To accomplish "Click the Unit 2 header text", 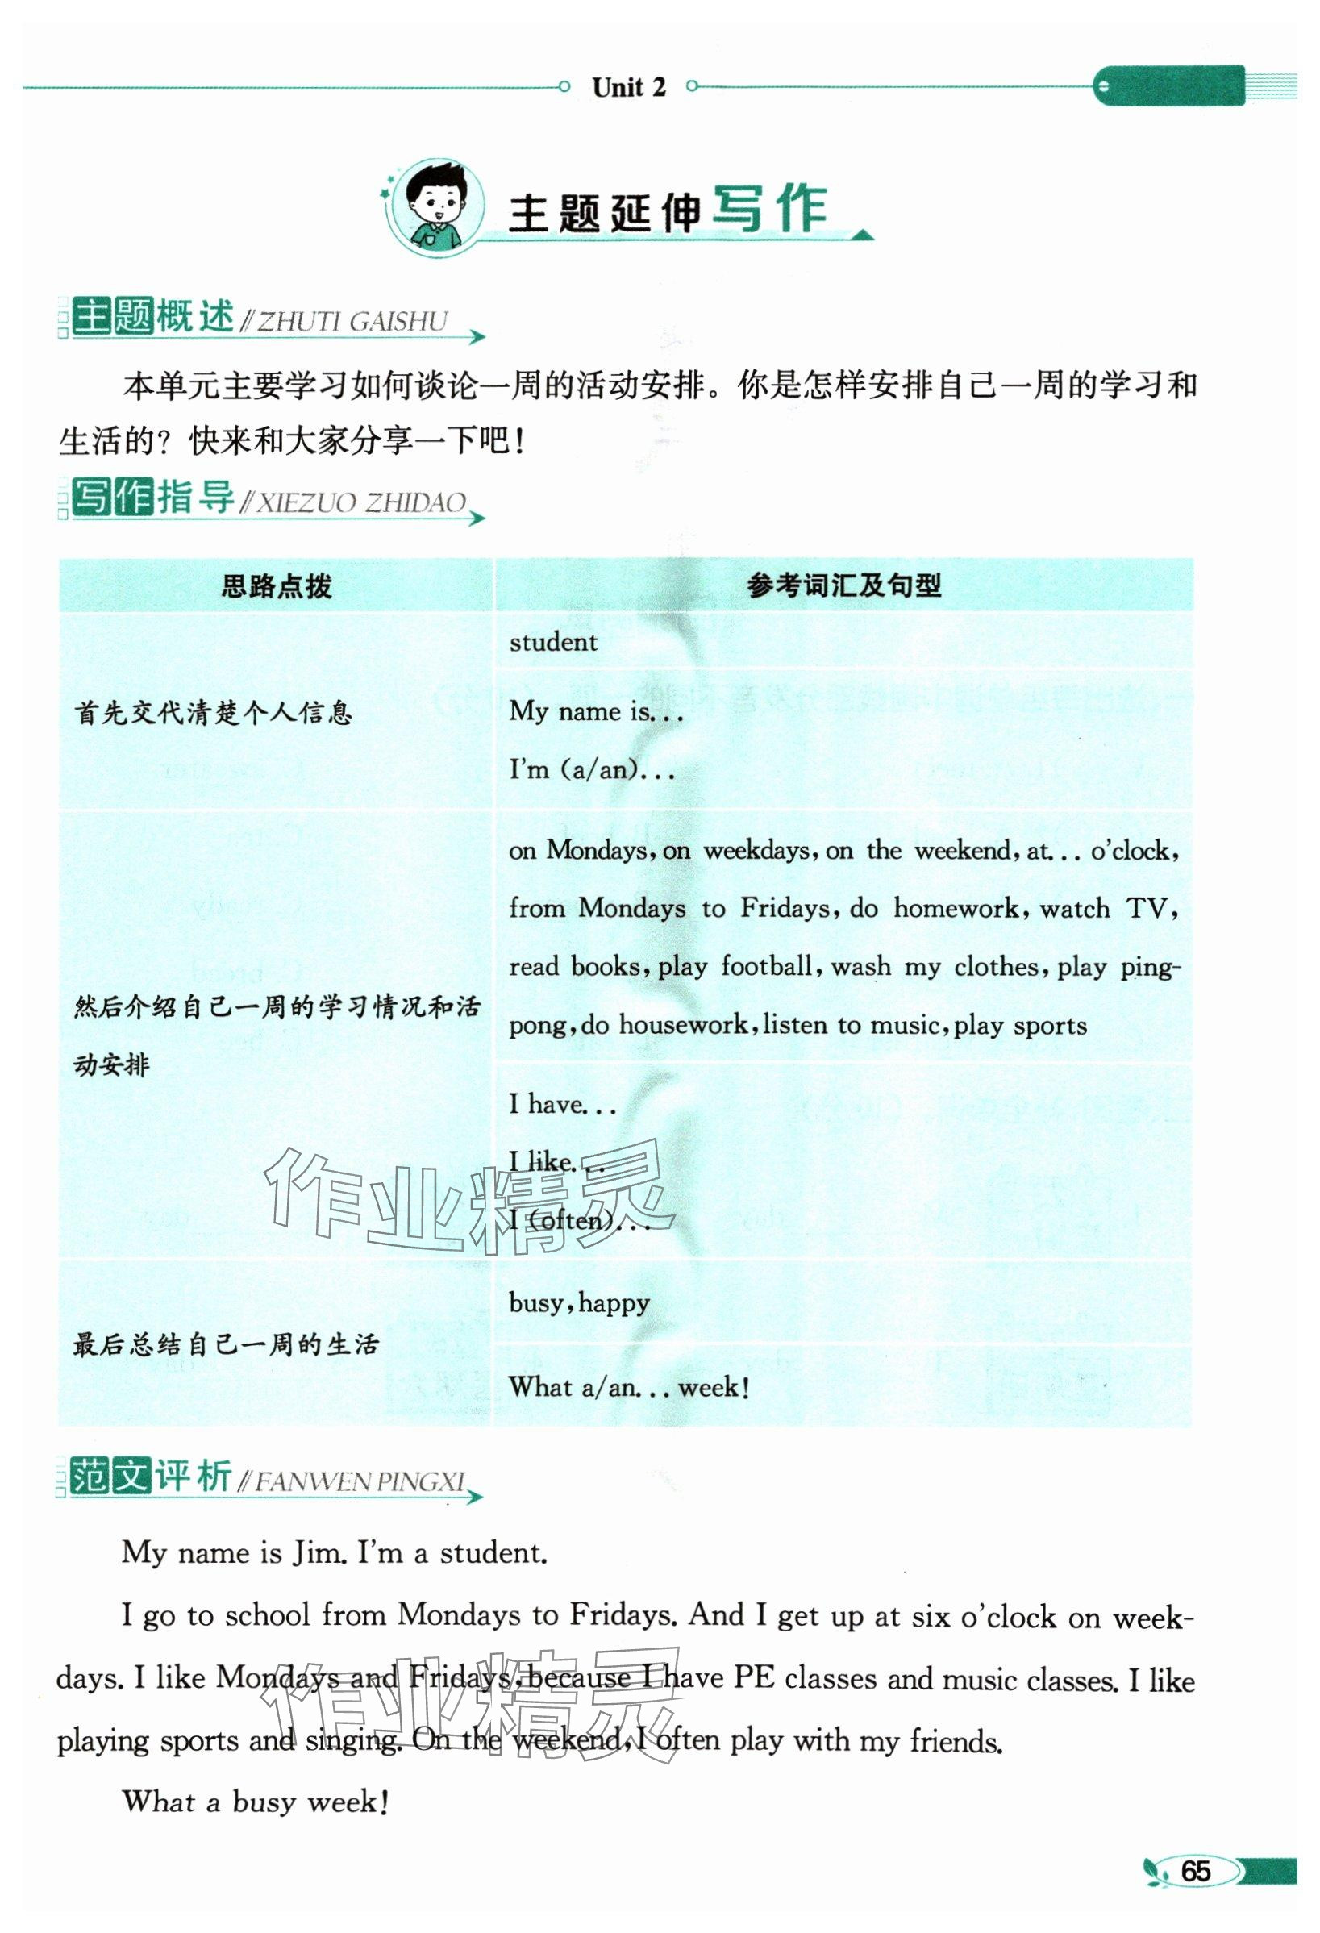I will (628, 86).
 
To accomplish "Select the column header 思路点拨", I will (276, 586).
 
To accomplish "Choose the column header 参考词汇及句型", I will (843, 585).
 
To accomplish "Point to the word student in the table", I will (553, 642).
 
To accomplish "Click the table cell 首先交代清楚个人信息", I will (214, 713).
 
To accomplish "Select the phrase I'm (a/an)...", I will (591, 769).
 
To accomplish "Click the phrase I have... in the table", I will (561, 1105).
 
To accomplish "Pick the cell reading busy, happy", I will (579, 1302).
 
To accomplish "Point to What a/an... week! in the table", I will (629, 1387).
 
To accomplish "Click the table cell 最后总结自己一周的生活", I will (226, 1345).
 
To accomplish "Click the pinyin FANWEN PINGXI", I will (360, 1481).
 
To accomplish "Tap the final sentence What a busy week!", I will (256, 1802).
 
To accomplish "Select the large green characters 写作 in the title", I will (769, 210).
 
